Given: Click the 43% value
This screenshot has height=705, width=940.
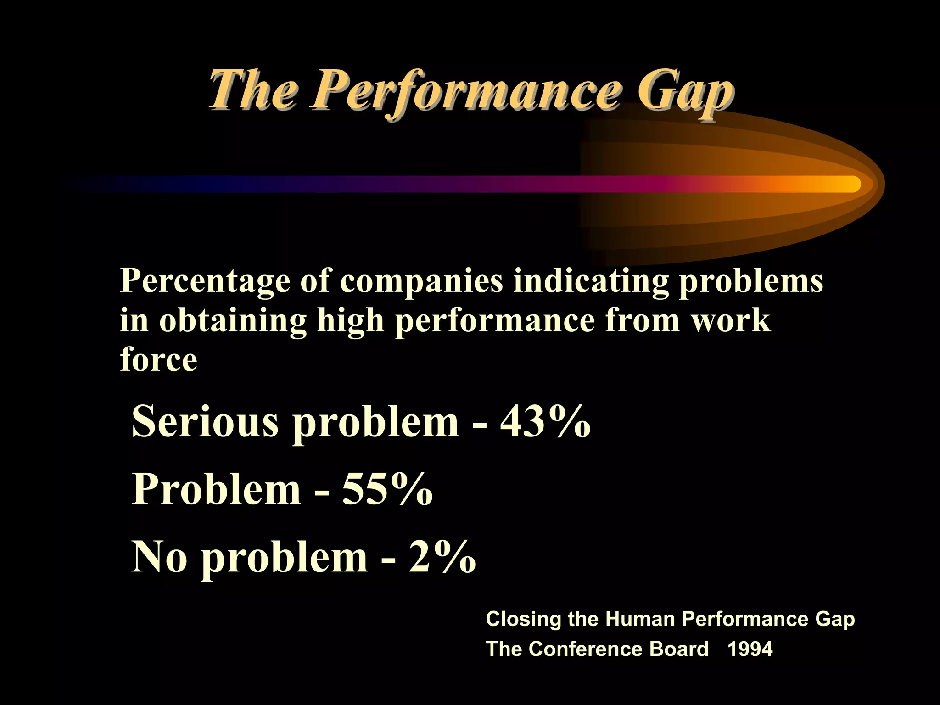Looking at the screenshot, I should point(545,422).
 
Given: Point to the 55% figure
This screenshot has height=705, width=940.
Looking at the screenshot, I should point(387,489).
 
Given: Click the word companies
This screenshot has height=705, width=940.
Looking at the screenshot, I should point(421,281).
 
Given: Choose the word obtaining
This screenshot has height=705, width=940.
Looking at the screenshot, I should point(233,321).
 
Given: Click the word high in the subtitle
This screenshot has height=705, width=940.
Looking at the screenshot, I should point(350,321).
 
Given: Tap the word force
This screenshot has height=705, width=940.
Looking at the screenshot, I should point(158,360).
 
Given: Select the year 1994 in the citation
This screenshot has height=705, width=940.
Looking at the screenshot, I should point(750,649).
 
